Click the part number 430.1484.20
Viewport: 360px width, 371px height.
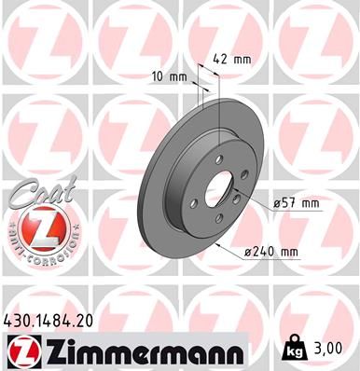pos(57,321)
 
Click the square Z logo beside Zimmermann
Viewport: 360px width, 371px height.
pos(21,351)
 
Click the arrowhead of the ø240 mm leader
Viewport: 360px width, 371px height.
pos(217,244)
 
